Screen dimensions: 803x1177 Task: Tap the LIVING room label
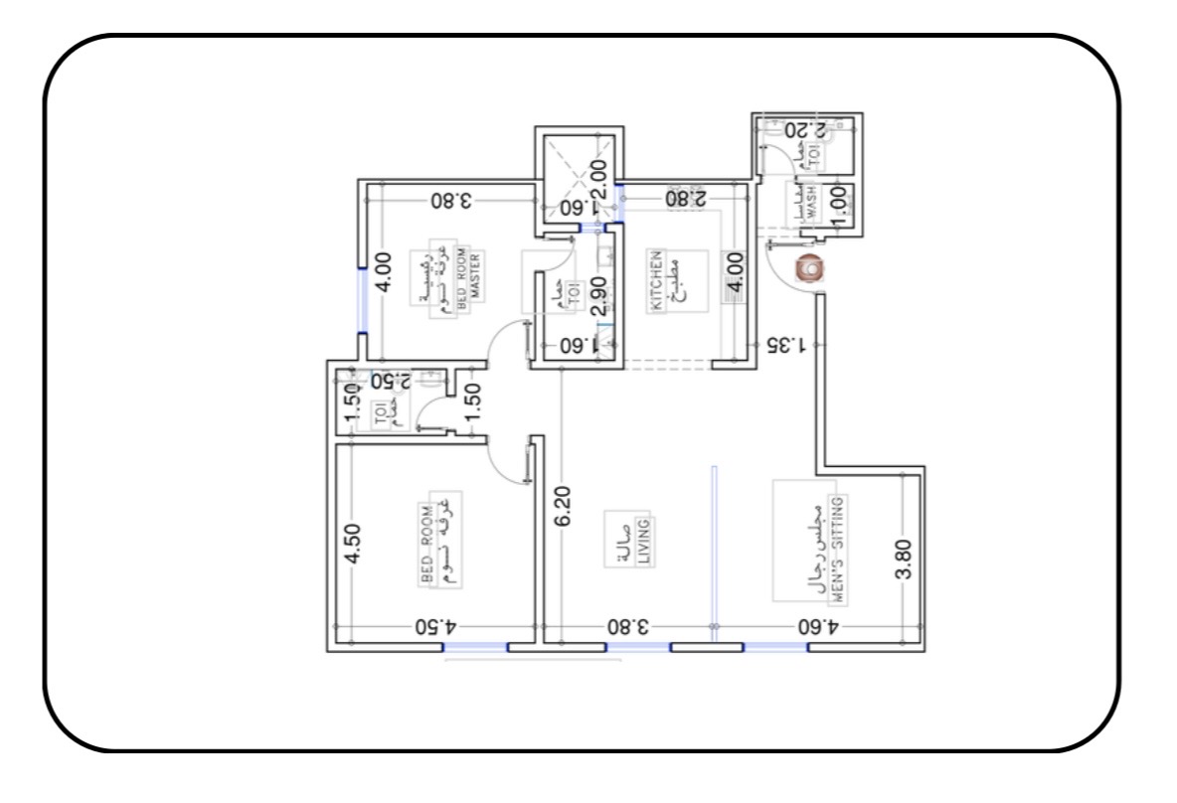click(x=643, y=542)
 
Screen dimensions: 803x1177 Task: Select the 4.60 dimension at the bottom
click(x=819, y=628)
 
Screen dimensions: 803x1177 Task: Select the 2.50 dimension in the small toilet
click(x=391, y=381)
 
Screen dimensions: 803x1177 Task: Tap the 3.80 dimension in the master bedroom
click(x=450, y=200)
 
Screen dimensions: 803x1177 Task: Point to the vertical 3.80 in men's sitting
click(x=903, y=560)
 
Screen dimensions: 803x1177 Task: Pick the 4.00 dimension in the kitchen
click(x=735, y=269)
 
